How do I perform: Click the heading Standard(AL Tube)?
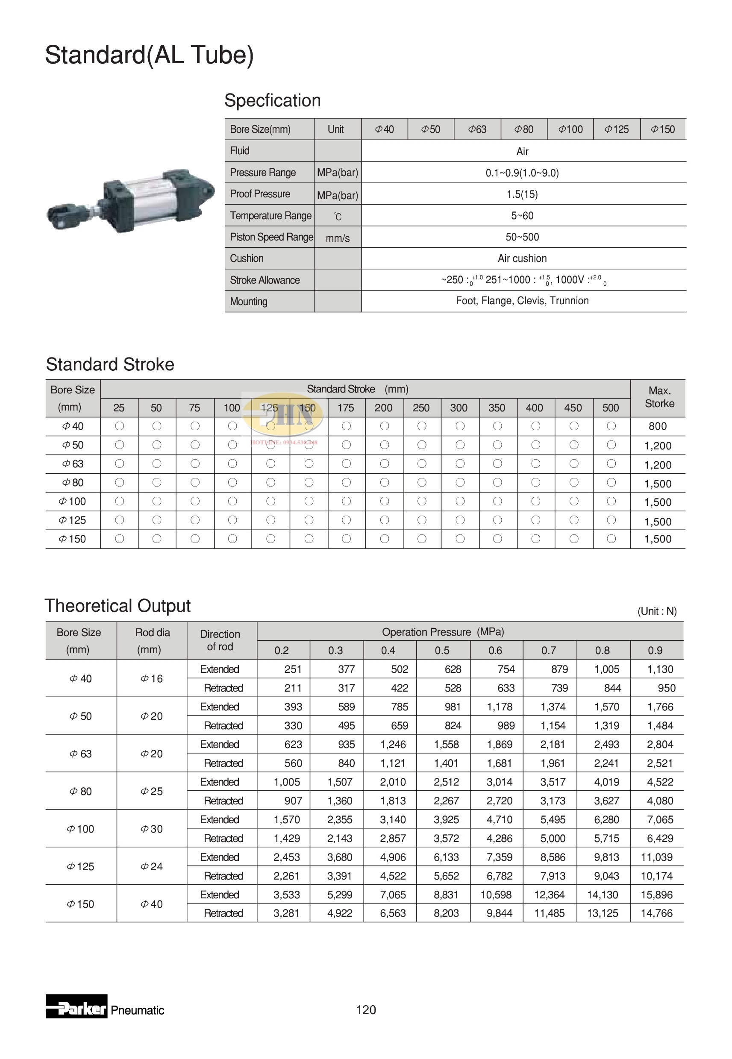coord(149,55)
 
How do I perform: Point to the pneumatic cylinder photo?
coord(131,201)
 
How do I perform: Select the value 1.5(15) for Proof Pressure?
coord(522,194)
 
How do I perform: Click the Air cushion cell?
coord(522,258)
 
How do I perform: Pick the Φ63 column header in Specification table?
coord(477,129)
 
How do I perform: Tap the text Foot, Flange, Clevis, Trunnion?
coord(522,301)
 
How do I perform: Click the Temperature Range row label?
coord(270,215)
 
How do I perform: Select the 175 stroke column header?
coord(346,408)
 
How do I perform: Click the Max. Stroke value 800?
coord(657,426)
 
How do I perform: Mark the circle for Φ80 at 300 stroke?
coord(459,482)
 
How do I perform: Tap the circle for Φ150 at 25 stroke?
coord(119,539)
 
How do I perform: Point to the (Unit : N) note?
coord(657,611)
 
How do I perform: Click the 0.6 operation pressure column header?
coord(495,651)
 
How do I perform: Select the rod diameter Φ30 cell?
coord(152,829)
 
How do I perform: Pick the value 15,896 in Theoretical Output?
coord(656,895)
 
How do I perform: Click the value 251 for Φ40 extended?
coord(293,669)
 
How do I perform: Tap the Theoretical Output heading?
coord(118,606)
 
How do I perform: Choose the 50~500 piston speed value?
coord(522,237)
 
